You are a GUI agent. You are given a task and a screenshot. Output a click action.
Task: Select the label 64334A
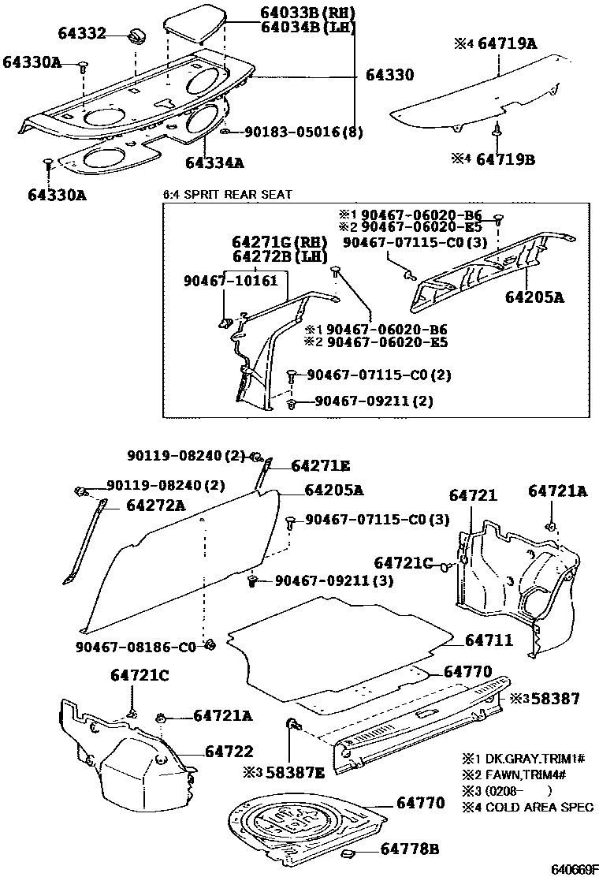(x=214, y=162)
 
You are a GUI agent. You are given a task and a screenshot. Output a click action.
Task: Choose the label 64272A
(x=155, y=506)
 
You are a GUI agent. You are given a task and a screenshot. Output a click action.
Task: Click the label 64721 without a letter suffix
(x=473, y=495)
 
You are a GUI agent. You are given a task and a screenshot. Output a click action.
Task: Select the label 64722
(x=229, y=753)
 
